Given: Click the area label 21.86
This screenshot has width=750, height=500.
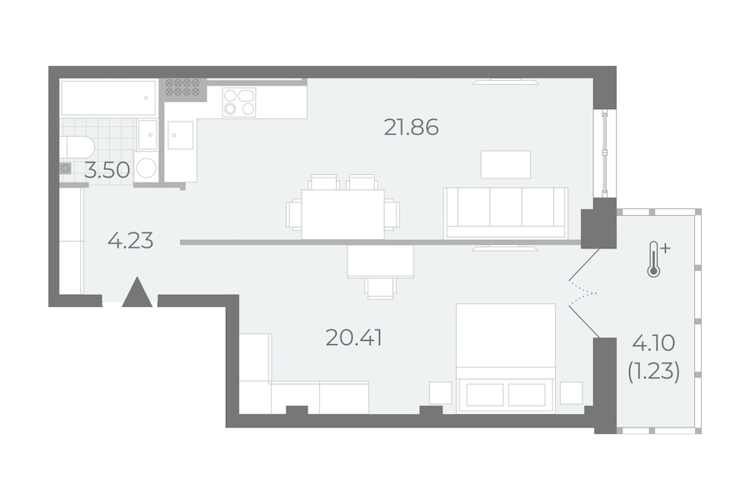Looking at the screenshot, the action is point(412,127).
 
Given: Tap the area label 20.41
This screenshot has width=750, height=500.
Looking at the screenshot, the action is point(354,338).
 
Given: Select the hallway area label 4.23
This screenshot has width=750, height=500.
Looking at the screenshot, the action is point(131,241).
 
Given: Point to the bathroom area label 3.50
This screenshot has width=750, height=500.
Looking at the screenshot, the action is point(107,170).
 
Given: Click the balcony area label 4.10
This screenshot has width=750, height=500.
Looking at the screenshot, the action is point(654,342).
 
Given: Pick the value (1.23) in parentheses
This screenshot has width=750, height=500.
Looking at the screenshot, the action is point(654,372).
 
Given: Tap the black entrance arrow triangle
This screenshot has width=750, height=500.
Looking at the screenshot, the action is point(137,292).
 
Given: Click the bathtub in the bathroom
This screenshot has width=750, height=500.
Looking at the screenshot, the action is point(108,98).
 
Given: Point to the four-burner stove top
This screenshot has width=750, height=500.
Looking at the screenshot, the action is point(238,102).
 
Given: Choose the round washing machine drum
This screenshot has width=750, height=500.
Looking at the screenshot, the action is point(146,168).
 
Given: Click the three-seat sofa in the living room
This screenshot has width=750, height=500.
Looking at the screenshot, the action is point(506,213).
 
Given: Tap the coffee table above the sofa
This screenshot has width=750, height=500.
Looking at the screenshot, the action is point(506,165).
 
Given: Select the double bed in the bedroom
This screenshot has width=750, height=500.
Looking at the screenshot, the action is point(506,357).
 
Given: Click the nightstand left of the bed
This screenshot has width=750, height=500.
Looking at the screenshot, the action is point(440,393).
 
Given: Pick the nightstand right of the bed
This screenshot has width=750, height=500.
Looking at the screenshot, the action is point(572,393).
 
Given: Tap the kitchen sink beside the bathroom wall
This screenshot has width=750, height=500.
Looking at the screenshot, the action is point(181,135).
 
